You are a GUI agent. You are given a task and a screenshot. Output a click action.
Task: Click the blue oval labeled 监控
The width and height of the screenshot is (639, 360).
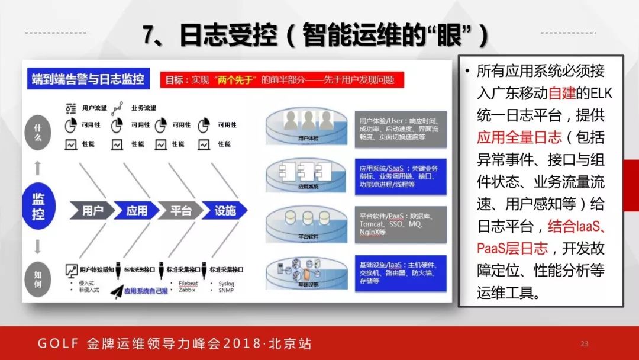(x=38, y=206)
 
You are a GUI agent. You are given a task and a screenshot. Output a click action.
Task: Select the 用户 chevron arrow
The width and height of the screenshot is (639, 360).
(x=92, y=210)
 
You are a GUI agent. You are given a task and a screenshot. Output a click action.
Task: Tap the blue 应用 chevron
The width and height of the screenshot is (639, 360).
(x=137, y=210)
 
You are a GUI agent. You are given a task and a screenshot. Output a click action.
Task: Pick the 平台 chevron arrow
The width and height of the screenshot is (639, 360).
(x=180, y=210)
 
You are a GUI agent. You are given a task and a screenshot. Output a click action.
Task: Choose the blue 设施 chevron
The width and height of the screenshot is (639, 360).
(x=225, y=210)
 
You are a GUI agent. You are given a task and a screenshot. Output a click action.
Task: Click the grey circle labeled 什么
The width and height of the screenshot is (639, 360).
(x=38, y=133)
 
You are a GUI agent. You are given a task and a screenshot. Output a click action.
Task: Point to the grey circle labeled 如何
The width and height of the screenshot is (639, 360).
(x=38, y=279)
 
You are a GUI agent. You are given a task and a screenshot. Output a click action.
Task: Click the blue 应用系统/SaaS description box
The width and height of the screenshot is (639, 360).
(x=400, y=176)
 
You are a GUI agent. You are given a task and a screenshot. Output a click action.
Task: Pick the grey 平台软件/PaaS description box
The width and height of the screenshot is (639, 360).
(x=400, y=224)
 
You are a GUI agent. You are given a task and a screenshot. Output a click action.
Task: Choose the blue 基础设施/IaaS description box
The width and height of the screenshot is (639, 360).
(x=400, y=273)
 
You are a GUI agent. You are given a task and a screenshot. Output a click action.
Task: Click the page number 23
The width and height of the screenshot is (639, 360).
(x=585, y=344)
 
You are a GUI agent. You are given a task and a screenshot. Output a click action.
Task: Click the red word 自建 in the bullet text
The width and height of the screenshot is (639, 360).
(x=562, y=94)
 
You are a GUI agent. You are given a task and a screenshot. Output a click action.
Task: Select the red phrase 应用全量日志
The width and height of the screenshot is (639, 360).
(x=519, y=137)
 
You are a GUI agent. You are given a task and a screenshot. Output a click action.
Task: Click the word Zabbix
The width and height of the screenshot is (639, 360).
(x=188, y=290)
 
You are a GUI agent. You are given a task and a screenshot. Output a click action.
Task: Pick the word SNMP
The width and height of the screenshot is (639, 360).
(x=227, y=290)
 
